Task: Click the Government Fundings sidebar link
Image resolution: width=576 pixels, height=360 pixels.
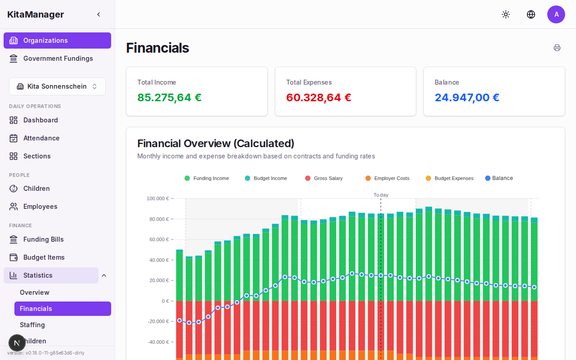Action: click(58, 58)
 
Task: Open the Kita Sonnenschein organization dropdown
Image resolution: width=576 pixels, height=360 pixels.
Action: click(57, 86)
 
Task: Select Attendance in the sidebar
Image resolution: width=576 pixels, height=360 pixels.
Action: click(41, 138)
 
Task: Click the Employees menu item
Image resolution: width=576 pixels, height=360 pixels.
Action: click(40, 207)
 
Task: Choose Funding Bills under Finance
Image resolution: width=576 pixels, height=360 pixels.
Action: click(43, 239)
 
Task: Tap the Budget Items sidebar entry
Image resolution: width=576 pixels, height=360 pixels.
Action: click(44, 257)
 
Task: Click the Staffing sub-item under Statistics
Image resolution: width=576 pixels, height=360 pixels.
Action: click(32, 325)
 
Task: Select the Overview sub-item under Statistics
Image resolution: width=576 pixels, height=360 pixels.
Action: click(34, 292)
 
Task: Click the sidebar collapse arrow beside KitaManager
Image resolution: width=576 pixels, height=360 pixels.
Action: click(99, 14)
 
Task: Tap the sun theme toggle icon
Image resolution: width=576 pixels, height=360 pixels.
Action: click(506, 14)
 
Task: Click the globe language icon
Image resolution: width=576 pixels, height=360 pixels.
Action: click(531, 14)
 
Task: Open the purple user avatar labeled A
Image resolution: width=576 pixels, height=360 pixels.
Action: click(556, 14)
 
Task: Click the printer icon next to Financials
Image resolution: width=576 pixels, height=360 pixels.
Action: click(557, 48)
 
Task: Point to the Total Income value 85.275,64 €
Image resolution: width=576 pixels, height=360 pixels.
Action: click(169, 98)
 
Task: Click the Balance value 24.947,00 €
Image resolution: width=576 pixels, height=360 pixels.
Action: click(467, 98)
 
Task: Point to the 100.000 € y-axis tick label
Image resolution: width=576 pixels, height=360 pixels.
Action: click(157, 198)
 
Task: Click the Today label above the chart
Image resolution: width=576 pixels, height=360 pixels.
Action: click(381, 195)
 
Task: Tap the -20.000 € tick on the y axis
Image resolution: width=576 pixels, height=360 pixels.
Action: click(158, 321)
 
